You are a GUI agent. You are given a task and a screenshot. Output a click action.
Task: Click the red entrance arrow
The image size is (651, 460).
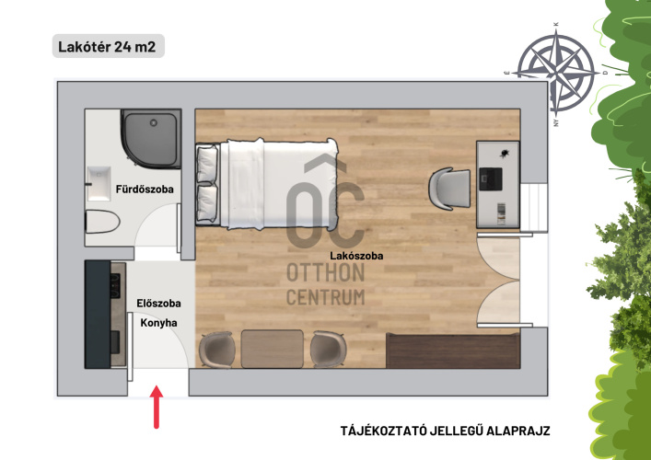[157, 407]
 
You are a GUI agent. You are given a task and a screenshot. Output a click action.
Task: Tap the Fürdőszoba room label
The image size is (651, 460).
[145, 190]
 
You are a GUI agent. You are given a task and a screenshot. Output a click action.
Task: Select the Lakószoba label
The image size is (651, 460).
[356, 256]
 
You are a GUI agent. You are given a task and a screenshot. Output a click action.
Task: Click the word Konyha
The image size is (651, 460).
[158, 323]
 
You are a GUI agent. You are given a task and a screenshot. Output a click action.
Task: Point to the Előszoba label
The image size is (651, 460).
[158, 304]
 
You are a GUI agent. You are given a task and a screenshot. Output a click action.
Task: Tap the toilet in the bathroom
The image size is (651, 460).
[102, 222]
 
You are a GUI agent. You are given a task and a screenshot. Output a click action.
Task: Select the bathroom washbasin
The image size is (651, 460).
[98, 183]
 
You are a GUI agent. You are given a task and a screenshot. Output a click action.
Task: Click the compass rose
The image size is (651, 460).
[555, 74]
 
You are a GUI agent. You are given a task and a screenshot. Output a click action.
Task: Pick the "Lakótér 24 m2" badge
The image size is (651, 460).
[109, 46]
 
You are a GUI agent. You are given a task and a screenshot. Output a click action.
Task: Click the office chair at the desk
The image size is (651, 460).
[449, 189]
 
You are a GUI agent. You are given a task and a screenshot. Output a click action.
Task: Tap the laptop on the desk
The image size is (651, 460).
[491, 178]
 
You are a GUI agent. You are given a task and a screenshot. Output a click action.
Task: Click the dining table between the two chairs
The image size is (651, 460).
[273, 349]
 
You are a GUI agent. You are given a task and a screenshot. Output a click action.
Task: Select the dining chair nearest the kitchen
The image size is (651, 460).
[217, 350]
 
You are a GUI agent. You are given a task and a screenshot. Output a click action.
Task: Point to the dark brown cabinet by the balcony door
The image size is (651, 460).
[453, 351]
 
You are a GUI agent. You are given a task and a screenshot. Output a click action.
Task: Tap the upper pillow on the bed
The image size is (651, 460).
[207, 165]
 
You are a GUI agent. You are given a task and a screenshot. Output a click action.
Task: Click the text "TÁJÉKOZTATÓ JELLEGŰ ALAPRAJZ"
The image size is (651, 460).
[445, 431]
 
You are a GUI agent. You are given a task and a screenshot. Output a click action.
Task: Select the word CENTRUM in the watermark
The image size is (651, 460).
[326, 297]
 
